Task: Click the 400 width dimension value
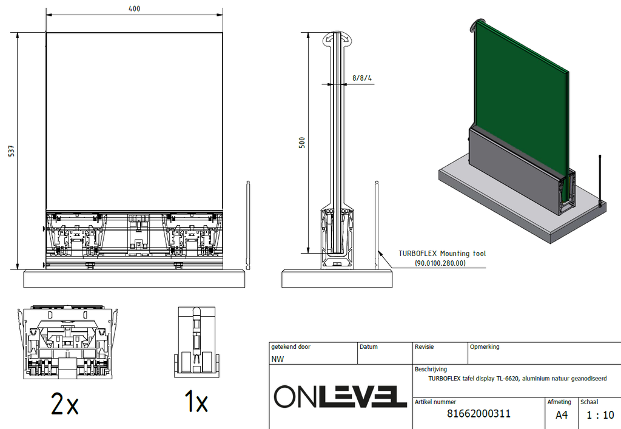point(134,8)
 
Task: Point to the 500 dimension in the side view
point(302,142)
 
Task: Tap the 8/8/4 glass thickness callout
point(362,78)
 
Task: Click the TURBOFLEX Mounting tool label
point(441,254)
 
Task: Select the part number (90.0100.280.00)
point(440,263)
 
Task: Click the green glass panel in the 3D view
point(522,97)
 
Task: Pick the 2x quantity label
point(65,404)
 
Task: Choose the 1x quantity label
point(195,403)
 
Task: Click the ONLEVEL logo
point(340,396)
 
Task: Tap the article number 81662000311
point(478,414)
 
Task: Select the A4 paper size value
point(562,415)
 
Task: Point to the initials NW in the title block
point(277,359)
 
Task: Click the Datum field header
point(369,347)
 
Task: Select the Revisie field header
point(425,347)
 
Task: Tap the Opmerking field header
point(485,347)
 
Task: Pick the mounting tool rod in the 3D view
point(600,179)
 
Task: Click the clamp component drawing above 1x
point(195,343)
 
